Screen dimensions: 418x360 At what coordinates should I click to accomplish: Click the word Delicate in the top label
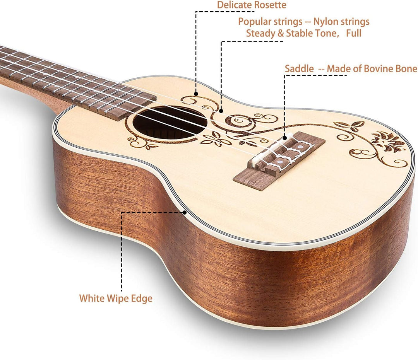pos(234,5)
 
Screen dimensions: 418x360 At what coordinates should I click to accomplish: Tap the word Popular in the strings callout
pos(254,22)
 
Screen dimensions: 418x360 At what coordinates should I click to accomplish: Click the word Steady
pos(261,34)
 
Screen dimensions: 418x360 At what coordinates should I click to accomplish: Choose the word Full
pos(353,33)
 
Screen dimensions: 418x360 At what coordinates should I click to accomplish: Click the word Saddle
pos(299,69)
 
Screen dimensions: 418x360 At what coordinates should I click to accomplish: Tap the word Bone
pos(406,69)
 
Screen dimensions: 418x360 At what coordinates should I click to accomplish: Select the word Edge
pos(141,299)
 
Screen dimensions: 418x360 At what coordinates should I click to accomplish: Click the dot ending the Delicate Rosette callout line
pos(196,94)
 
